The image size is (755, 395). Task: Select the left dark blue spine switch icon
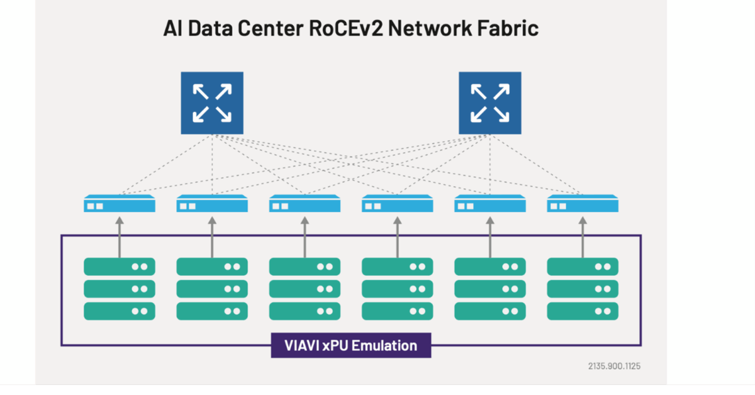coord(212,103)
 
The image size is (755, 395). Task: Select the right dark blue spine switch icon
coord(489,103)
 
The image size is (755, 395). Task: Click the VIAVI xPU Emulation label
coord(351,345)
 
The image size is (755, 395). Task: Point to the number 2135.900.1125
coord(614,365)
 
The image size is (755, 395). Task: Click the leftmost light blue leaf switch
coord(120,204)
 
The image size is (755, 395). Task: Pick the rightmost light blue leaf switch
coord(583,204)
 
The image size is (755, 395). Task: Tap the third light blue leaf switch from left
coord(305,204)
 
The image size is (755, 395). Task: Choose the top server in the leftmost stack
coord(120,267)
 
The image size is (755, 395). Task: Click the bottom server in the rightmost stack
coord(583,311)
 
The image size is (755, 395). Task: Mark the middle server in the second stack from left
coord(212,289)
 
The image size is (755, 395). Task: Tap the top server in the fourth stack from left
coord(397,267)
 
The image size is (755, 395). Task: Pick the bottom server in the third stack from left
coord(305,311)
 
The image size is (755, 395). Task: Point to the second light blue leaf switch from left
coord(212,204)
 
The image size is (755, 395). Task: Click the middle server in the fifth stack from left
coord(490,289)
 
